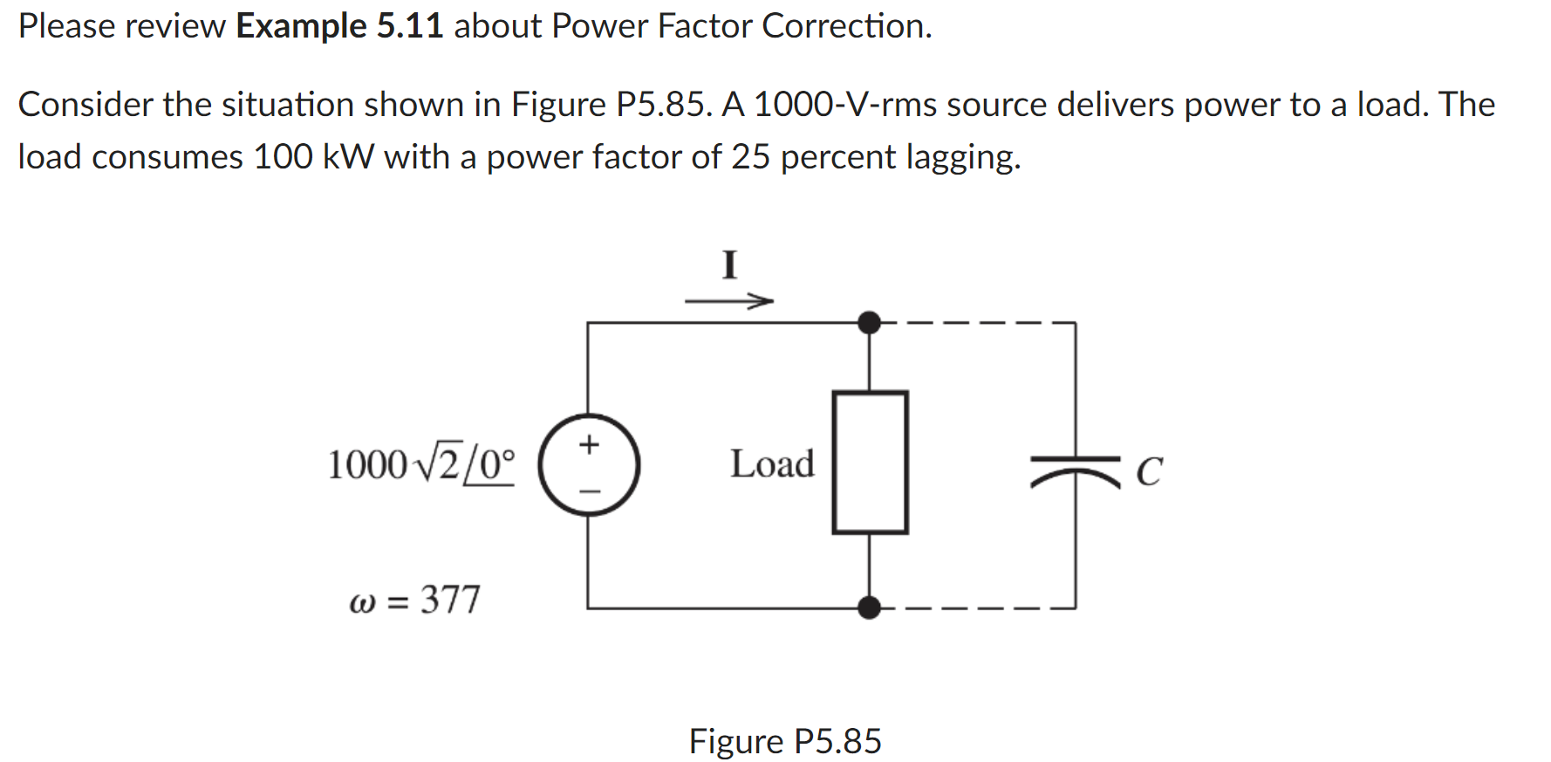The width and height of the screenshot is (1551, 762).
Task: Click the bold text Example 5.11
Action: tap(339, 26)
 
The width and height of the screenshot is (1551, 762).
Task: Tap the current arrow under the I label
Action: tap(728, 302)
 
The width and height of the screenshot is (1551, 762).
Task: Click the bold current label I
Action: tap(729, 264)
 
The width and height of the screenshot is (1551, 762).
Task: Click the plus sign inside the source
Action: tap(590, 444)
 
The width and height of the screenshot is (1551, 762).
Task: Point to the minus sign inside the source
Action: tap(590, 491)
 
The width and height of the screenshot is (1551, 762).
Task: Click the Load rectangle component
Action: tap(870, 462)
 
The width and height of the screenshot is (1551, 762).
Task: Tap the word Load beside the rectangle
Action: tap(772, 463)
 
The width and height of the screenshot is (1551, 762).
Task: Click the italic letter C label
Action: tap(1149, 472)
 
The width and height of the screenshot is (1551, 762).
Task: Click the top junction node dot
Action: tap(869, 322)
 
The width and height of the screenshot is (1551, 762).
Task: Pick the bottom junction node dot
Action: tap(869, 608)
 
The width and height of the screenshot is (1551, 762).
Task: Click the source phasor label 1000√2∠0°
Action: tap(420, 464)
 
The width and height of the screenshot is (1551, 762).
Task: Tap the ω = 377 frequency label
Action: tap(414, 601)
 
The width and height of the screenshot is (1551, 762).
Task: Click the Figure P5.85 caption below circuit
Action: tap(784, 741)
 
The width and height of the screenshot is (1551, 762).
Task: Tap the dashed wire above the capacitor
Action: tap(977, 322)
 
